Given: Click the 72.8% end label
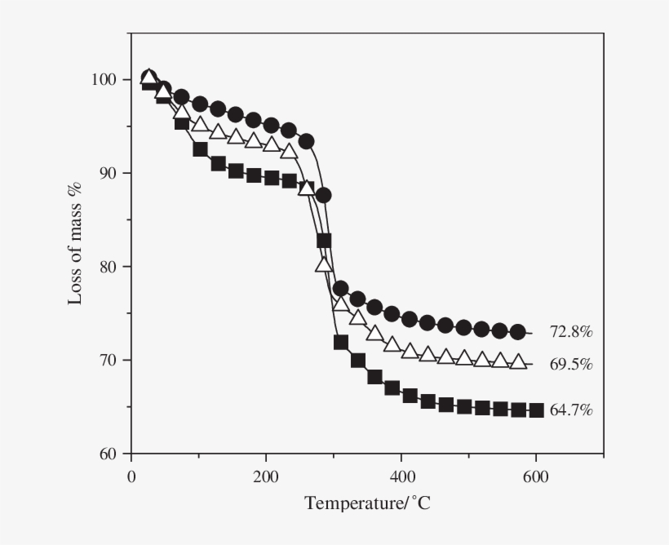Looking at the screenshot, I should tap(570, 332).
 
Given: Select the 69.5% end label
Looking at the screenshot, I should tap(570, 364).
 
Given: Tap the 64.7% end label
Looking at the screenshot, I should tap(571, 410).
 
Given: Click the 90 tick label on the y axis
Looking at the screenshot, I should tap(109, 173).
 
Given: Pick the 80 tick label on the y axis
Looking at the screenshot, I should tap(109, 267).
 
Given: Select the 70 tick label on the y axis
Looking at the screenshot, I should tap(109, 360).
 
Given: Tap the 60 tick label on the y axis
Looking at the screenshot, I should tap(109, 454).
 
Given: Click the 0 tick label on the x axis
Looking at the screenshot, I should tap(131, 476).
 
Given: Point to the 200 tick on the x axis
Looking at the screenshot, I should tap(266, 476).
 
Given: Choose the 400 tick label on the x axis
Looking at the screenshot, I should tap(401, 476).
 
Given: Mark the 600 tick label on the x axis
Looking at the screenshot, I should tap(535, 476).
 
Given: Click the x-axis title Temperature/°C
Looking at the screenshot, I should tap(367, 503).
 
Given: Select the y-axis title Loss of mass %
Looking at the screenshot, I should tap(75, 244).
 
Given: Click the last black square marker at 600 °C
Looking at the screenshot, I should tap(536, 410).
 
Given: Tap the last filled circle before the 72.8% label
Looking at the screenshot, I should tap(517, 332).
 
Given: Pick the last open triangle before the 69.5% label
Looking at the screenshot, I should tap(518, 362).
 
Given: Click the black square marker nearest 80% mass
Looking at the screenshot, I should tap(324, 241).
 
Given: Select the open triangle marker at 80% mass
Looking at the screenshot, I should tap(324, 264).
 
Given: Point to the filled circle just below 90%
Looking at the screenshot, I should tap(323, 195).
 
